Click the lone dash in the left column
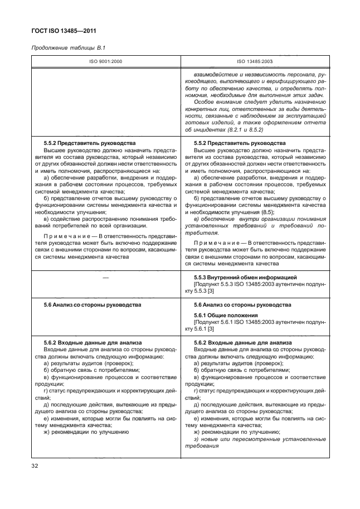106,277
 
